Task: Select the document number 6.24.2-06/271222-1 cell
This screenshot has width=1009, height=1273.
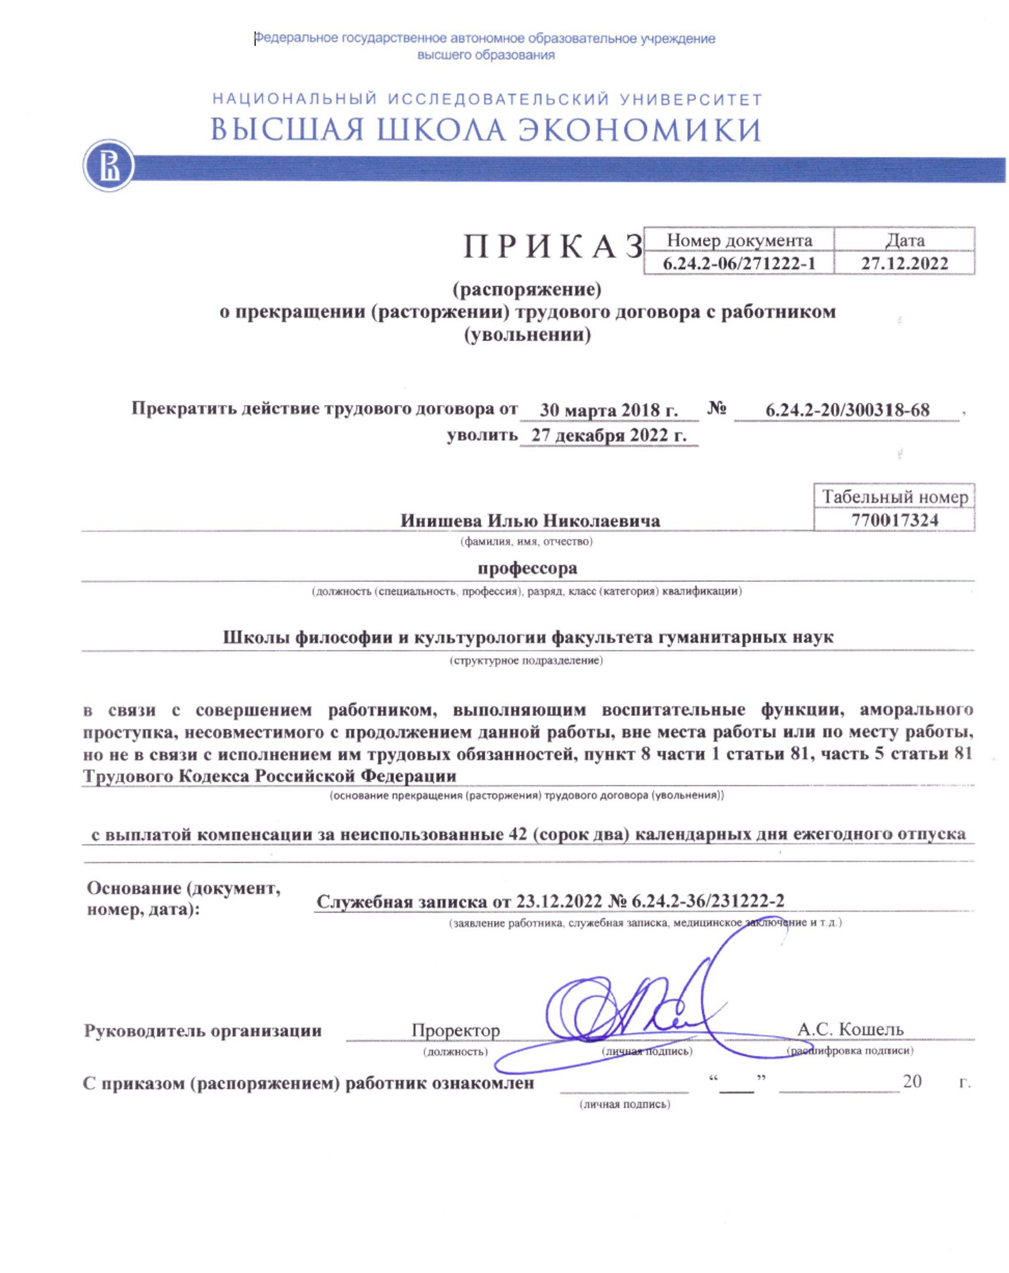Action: click(738, 263)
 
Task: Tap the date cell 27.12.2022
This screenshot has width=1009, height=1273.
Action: click(904, 263)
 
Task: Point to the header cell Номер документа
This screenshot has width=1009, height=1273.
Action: click(739, 240)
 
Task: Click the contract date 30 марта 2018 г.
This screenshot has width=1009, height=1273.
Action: click(608, 410)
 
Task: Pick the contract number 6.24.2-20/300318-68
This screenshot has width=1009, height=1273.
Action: click(846, 410)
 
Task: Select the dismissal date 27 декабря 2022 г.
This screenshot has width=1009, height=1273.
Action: click(608, 436)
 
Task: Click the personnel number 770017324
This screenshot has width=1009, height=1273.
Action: click(894, 520)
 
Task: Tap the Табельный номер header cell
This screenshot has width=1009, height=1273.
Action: click(894, 497)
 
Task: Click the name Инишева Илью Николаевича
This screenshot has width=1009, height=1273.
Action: click(530, 521)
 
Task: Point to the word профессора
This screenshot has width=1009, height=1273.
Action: click(527, 569)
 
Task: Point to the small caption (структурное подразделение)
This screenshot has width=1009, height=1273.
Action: click(526, 660)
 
